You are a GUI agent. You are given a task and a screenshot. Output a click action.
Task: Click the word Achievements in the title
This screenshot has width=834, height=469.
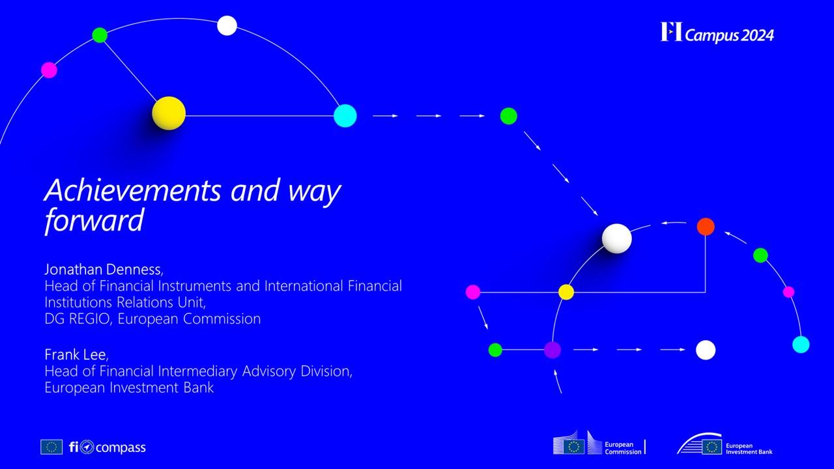(133, 190)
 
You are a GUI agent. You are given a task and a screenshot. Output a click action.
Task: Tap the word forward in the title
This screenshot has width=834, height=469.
(94, 220)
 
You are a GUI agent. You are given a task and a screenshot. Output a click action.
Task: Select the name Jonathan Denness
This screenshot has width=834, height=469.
(103, 269)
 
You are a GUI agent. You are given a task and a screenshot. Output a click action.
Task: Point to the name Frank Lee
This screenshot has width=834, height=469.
(76, 354)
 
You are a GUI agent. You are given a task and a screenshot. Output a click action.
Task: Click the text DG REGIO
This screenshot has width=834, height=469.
(77, 319)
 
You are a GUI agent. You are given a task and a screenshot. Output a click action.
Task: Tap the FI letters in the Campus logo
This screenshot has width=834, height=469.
(671, 32)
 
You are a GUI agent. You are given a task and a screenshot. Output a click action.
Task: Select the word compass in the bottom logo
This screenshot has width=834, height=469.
(121, 448)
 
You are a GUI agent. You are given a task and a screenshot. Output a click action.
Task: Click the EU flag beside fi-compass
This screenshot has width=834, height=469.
(51, 447)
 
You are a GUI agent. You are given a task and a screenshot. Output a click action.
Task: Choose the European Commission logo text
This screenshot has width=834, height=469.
(622, 448)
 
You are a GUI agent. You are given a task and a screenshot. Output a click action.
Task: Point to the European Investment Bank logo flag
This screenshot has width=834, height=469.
(712, 447)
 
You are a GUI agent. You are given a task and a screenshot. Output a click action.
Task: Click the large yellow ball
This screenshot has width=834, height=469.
(169, 113)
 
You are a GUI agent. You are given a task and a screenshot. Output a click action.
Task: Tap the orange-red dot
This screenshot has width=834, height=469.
(706, 227)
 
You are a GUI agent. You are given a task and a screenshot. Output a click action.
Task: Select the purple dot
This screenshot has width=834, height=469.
(553, 350)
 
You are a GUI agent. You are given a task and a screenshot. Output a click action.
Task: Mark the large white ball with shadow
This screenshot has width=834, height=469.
(616, 238)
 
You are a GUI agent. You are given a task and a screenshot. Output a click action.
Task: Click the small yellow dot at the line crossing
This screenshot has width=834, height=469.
(566, 292)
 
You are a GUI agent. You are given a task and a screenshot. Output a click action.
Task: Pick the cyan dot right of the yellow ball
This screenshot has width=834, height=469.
(345, 116)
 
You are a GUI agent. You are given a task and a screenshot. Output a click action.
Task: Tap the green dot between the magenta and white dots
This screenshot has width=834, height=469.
(100, 35)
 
